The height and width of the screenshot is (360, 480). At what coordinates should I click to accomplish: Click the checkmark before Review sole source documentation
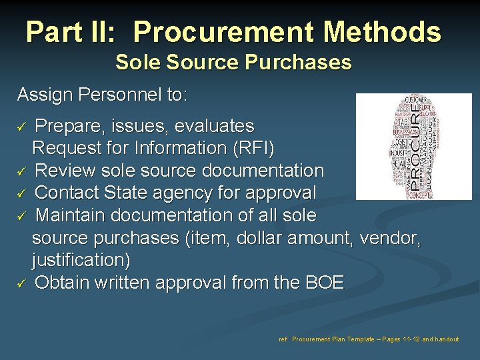(21, 171)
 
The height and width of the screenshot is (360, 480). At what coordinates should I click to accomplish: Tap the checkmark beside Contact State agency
(21, 193)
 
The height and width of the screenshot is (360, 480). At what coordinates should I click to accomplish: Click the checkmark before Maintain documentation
(21, 216)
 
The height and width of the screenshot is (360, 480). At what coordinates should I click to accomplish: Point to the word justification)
(81, 260)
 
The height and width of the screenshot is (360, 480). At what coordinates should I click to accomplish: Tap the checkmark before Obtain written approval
(21, 283)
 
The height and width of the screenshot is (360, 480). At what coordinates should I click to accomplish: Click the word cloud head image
(413, 147)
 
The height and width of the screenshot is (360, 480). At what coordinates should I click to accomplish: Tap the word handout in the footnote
(446, 339)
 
